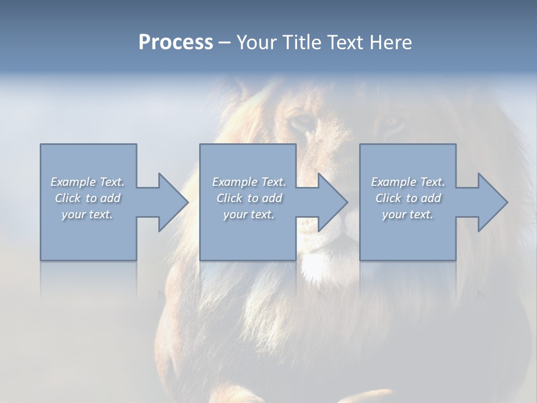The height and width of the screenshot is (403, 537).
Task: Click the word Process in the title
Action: click(x=176, y=43)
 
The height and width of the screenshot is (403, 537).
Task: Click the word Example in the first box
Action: click(x=73, y=182)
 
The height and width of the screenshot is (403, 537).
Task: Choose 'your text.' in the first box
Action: click(x=87, y=214)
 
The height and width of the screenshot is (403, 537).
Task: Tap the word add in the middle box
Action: click(x=271, y=198)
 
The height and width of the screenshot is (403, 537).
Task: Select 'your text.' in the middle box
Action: click(x=248, y=214)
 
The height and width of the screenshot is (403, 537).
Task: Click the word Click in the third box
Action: click(x=388, y=198)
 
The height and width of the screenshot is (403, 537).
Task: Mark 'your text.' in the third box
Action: click(x=407, y=214)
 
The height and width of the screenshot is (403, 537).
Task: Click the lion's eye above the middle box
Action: click(x=303, y=122)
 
